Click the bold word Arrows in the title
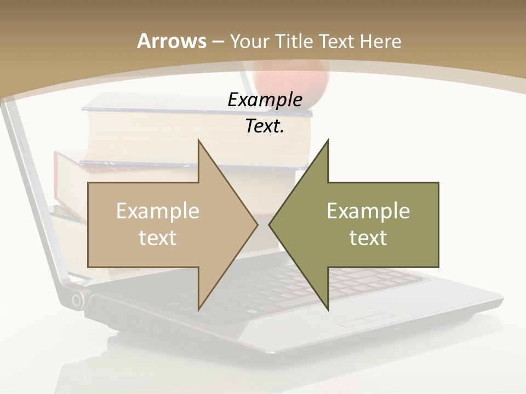(171, 41)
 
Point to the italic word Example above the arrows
(265, 100)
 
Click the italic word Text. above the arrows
(265, 126)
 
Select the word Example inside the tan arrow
(158, 211)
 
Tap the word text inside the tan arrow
(158, 237)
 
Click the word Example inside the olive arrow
(368, 211)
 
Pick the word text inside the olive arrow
(368, 237)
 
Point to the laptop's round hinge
(77, 299)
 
